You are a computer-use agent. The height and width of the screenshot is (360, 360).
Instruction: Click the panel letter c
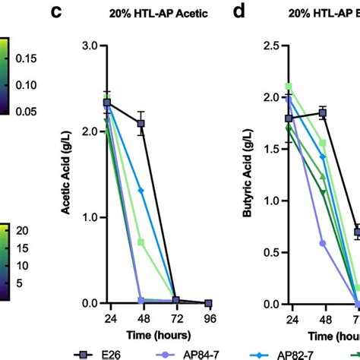click(x=77, y=12)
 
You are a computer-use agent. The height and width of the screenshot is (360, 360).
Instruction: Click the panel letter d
click(x=242, y=12)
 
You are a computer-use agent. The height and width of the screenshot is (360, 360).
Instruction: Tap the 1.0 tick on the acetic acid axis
click(x=89, y=217)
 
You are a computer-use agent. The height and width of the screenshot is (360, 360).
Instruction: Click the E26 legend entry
click(x=108, y=353)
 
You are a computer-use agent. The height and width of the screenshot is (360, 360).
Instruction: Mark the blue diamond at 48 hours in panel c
click(x=141, y=190)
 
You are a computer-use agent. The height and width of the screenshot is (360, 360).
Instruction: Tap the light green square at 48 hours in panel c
click(x=141, y=242)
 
